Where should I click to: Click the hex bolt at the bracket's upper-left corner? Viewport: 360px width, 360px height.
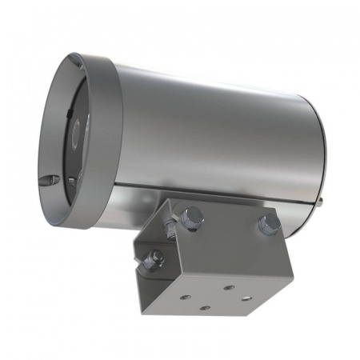[x=192, y=215]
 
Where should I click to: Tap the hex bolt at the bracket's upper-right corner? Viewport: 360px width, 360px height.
[x=269, y=223]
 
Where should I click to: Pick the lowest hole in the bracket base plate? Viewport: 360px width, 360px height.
[x=206, y=308]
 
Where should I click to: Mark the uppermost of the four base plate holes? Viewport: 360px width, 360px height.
[x=229, y=286]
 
